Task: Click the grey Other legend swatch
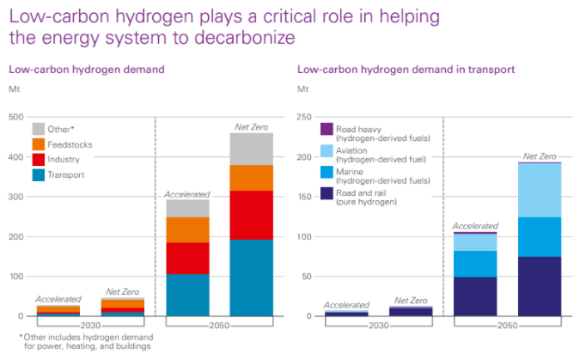click(39, 129)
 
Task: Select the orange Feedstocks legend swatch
click(39, 144)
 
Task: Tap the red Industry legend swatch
click(39, 160)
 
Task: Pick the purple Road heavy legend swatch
click(327, 129)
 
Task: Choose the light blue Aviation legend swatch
click(327, 150)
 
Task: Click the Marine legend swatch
click(327, 173)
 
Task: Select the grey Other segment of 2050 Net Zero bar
click(251, 149)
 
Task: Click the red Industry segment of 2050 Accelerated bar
click(187, 258)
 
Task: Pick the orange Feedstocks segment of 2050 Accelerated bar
click(187, 229)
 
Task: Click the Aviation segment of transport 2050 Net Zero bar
click(539, 190)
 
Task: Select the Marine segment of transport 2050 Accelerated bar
click(475, 264)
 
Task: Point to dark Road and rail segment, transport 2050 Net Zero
click(539, 286)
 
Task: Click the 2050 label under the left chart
click(219, 325)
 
